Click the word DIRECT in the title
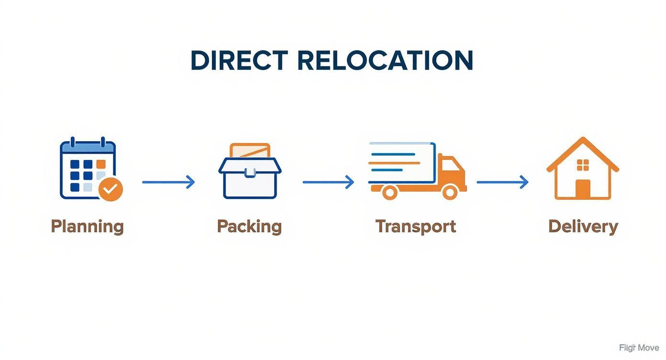[239, 61]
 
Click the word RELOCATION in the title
[385, 61]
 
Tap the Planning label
[87, 226]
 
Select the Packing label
[249, 226]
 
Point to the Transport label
[415, 226]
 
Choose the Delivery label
[583, 226]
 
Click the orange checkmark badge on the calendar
[111, 190]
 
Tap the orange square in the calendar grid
[100, 164]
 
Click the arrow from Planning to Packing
[168, 182]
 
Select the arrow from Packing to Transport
[328, 182]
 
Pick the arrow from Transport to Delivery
[502, 182]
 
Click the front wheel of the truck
[450, 192]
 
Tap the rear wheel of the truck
[390, 192]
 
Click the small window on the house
[583, 165]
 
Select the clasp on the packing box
[250, 173]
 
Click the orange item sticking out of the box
[250, 150]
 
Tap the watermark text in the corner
[639, 348]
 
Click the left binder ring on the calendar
[73, 142]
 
